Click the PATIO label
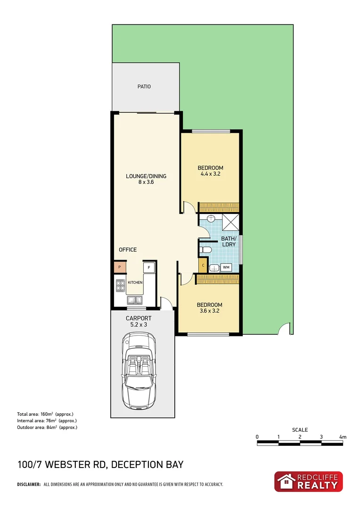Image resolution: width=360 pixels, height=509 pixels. [144, 87]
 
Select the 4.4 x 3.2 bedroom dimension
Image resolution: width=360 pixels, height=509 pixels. [210, 174]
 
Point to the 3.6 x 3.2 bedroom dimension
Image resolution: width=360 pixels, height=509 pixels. [209, 311]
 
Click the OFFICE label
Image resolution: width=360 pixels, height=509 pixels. [127, 249]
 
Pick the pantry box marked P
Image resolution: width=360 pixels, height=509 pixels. [120, 267]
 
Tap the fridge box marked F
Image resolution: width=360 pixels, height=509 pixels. [149, 267]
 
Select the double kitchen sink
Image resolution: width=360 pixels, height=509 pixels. [134, 299]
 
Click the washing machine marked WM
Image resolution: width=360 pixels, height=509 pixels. [226, 268]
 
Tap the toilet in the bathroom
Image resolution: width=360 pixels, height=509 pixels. [205, 249]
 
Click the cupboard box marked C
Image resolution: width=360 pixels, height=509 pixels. [203, 265]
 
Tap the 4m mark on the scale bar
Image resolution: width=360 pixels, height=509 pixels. [343, 437]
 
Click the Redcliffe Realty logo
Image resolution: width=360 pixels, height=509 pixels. [309, 482]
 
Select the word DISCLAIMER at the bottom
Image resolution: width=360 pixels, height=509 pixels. [29, 484]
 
